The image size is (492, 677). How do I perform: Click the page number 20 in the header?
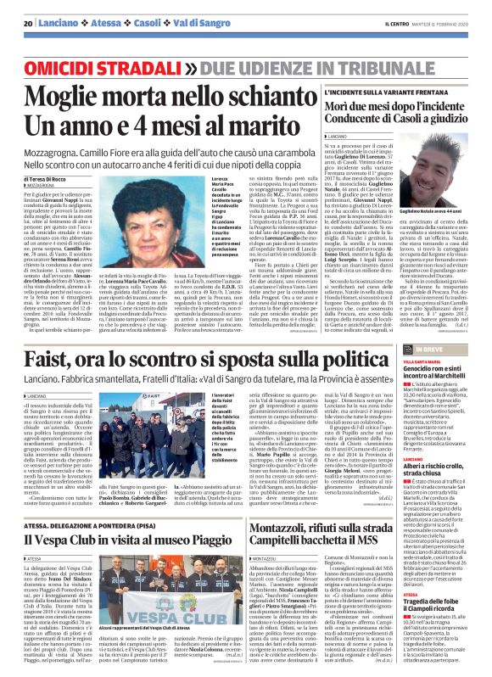coord(28,24)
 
